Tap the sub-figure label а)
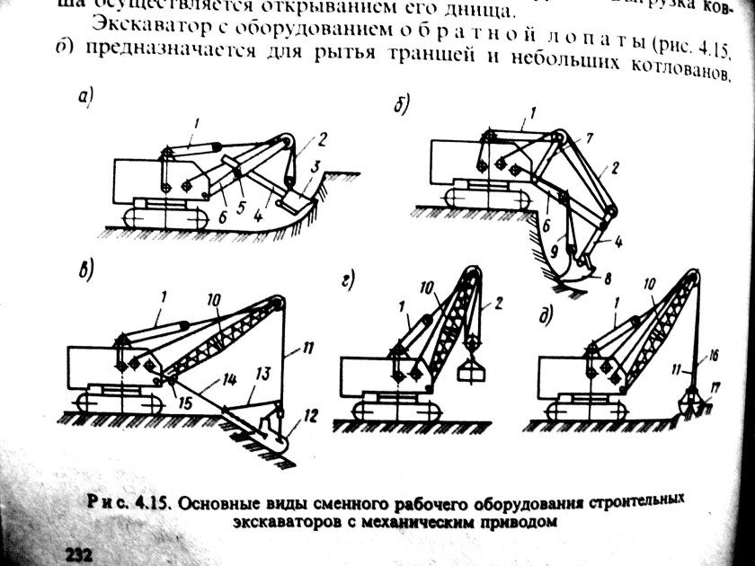pos(86,98)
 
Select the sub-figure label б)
pos(402,105)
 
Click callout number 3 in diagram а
pos(316,167)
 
